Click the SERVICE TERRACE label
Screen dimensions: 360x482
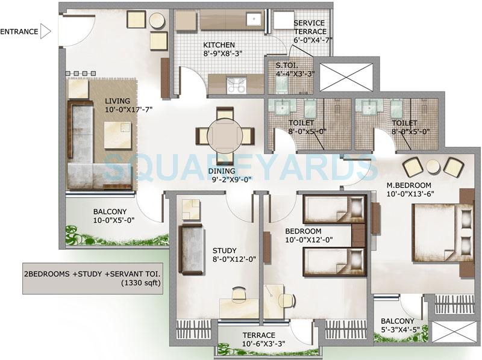pyautogui.click(x=310, y=31)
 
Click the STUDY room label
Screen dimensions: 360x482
pyautogui.click(x=224, y=251)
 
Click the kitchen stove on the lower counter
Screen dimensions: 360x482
pyautogui.click(x=237, y=84)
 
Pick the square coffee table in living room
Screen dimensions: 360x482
pyautogui.click(x=117, y=134)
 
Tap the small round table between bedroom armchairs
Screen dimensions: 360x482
pyautogui.click(x=433, y=167)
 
